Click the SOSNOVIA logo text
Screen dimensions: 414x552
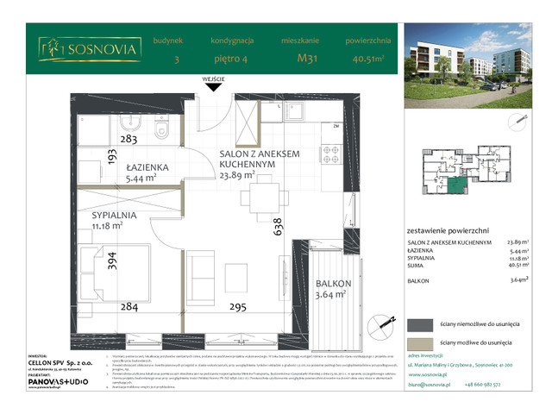103,49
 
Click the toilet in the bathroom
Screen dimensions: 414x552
162,131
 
